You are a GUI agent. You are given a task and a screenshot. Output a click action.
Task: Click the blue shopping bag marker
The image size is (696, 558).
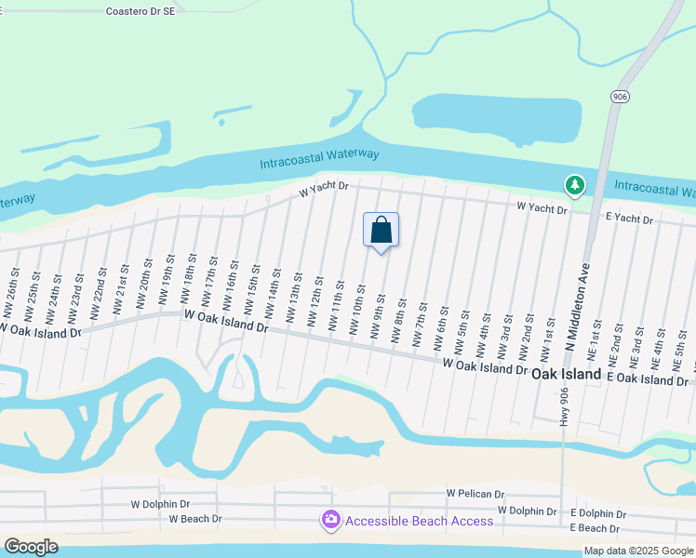(x=381, y=231)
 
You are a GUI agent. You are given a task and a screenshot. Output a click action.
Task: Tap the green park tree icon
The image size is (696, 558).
(x=576, y=186)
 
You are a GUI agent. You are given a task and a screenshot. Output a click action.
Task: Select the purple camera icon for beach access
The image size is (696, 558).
(x=330, y=520)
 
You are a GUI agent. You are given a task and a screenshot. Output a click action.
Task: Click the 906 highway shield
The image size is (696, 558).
(x=621, y=97)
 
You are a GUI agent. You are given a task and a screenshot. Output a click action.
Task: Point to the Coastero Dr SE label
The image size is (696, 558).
(x=141, y=12)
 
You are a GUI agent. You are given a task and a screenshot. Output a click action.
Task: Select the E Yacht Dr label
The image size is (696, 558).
(x=629, y=220)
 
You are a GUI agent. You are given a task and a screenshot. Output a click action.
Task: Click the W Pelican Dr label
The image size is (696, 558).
(x=475, y=494)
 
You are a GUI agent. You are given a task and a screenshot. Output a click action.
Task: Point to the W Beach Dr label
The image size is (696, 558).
(x=195, y=519)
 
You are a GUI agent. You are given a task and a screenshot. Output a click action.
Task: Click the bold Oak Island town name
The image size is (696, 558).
(x=567, y=373)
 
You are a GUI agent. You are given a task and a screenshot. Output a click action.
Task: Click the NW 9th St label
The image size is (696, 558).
(x=378, y=315)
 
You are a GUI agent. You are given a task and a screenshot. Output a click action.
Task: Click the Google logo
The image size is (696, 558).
(x=31, y=547)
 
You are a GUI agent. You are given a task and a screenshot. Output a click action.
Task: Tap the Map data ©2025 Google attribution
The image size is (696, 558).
(x=638, y=551)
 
